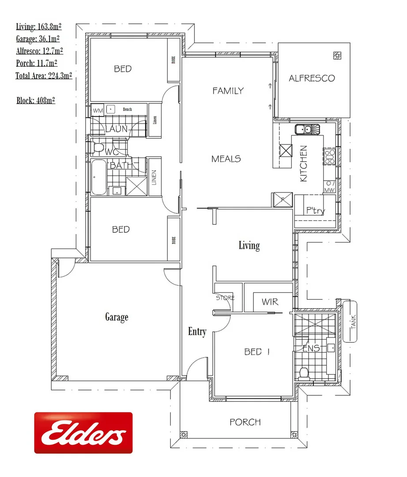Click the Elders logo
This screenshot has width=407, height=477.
(83, 432)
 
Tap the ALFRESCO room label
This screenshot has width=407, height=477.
(312, 78)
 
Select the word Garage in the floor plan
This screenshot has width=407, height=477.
(117, 317)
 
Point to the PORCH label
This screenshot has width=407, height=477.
(245, 422)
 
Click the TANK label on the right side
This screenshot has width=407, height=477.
(353, 322)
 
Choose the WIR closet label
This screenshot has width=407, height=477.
(269, 302)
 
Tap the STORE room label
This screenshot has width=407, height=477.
(225, 298)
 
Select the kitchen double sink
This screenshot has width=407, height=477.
(307, 129)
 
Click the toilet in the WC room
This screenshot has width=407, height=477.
(98, 147)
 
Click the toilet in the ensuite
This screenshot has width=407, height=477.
(304, 373)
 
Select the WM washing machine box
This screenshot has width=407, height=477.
(98, 110)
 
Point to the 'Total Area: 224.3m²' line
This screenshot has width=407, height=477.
(44, 76)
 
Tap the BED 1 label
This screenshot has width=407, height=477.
(257, 352)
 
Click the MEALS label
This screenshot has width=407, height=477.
(226, 159)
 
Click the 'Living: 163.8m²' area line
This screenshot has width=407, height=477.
(38, 26)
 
